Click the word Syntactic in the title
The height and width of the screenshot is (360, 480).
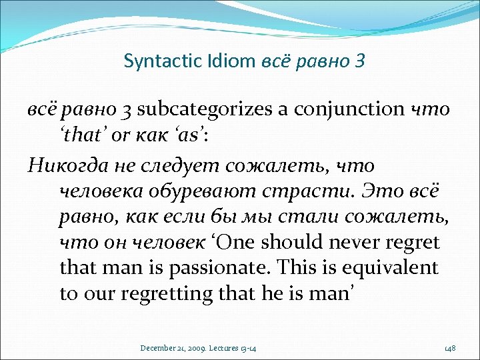point(153,61)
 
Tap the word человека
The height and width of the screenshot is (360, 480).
point(93,192)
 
